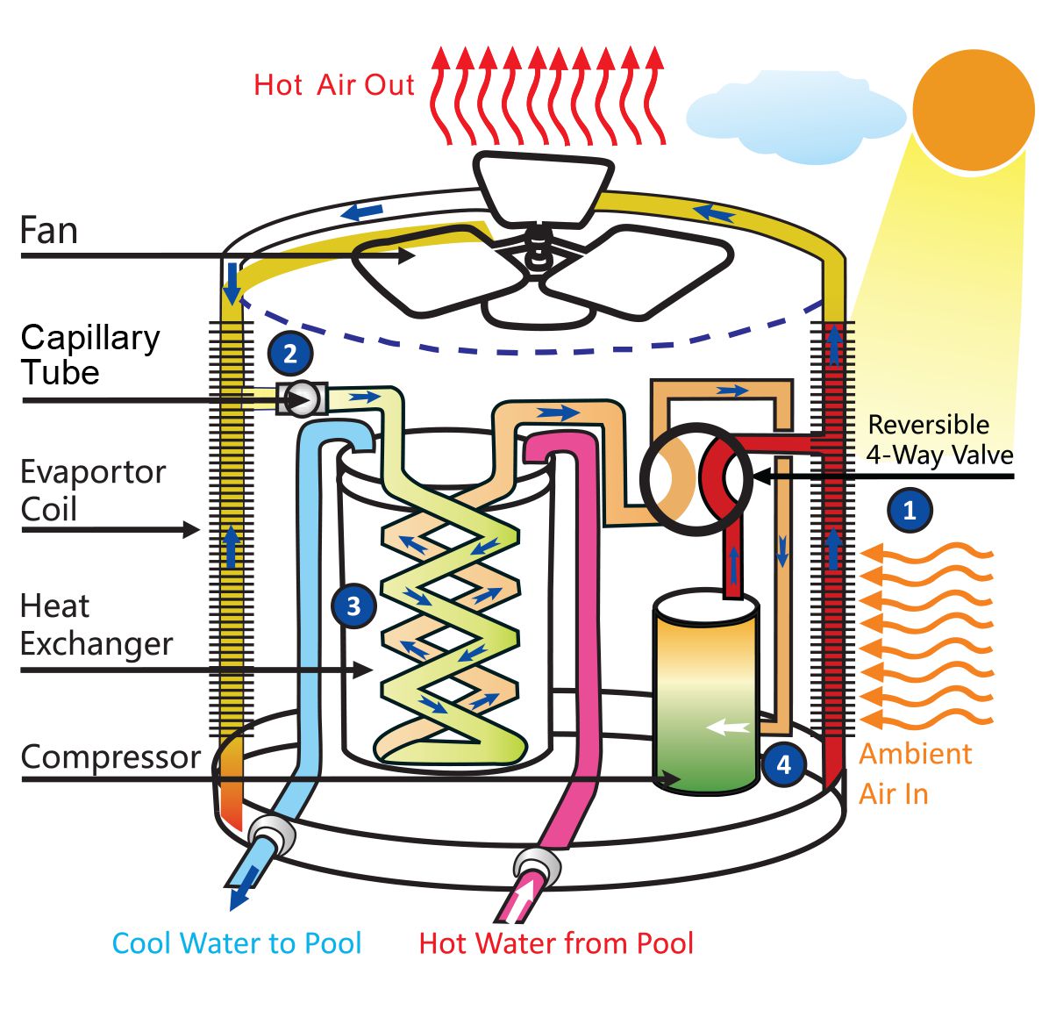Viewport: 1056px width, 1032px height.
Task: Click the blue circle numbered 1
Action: (x=910, y=510)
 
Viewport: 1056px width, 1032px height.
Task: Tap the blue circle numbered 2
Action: (x=290, y=354)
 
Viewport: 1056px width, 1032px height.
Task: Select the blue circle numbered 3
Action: (x=353, y=606)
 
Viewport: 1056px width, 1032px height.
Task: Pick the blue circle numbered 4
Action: (x=783, y=764)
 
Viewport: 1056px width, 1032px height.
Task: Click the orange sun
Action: (x=974, y=109)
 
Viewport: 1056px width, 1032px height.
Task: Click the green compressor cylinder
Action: (x=706, y=693)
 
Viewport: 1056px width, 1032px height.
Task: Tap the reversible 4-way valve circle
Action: (x=696, y=479)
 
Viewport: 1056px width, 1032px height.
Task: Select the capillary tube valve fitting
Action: (x=302, y=399)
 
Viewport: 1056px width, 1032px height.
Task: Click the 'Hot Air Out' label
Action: (x=333, y=85)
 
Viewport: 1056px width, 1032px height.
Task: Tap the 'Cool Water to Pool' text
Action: (x=237, y=943)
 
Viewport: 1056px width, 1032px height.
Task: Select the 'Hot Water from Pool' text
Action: (x=556, y=943)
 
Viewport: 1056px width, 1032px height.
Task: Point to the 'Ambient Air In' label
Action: (x=914, y=773)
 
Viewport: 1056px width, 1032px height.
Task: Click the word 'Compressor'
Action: (x=111, y=756)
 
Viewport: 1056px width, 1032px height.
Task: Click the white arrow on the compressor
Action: (x=729, y=727)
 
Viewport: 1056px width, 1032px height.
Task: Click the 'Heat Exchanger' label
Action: (x=96, y=625)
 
